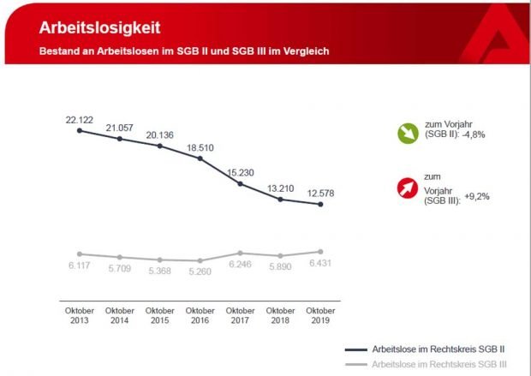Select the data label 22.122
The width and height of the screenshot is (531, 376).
[79, 119]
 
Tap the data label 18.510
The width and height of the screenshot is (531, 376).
[200, 147]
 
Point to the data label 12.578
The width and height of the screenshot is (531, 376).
[320, 193]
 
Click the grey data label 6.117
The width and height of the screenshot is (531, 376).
[80, 266]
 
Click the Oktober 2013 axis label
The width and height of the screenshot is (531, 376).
[80, 315]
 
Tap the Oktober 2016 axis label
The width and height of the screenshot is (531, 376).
[200, 315]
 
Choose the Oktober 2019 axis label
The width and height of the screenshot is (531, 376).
[320, 315]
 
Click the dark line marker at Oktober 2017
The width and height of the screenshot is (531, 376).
[241, 183]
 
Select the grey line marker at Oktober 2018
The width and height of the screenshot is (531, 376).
[281, 255]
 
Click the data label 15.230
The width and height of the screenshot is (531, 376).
[241, 172]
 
